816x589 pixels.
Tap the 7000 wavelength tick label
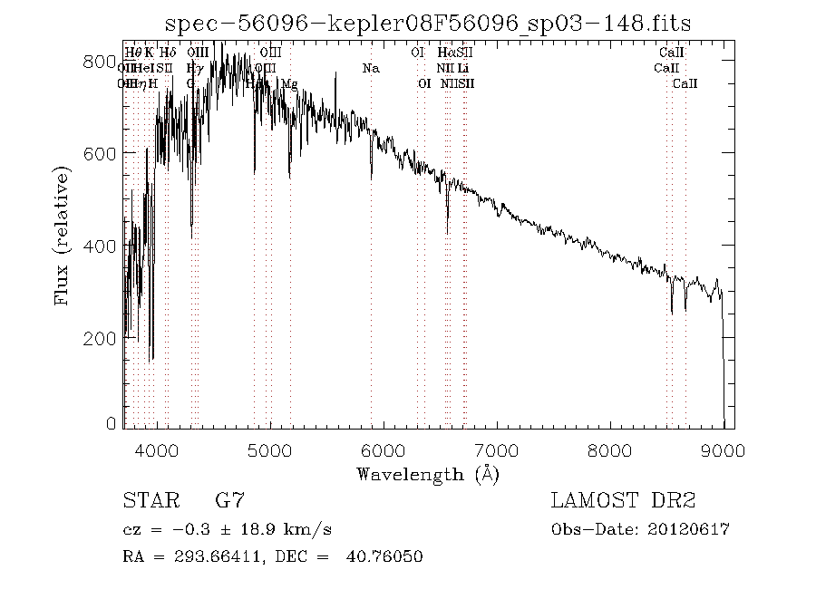pos(497,449)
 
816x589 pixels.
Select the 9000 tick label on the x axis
pos(723,449)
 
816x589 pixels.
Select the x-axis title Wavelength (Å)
pos(428,474)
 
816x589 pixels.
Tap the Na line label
pos(371,69)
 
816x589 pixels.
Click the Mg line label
pos(289,84)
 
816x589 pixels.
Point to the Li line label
pos(463,69)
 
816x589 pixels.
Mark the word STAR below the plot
pos(148,501)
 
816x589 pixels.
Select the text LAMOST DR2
pos(622,501)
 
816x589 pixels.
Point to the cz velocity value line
pos(231,529)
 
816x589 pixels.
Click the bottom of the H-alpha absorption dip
pos(447,232)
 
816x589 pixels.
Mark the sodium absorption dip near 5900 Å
pos(371,178)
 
